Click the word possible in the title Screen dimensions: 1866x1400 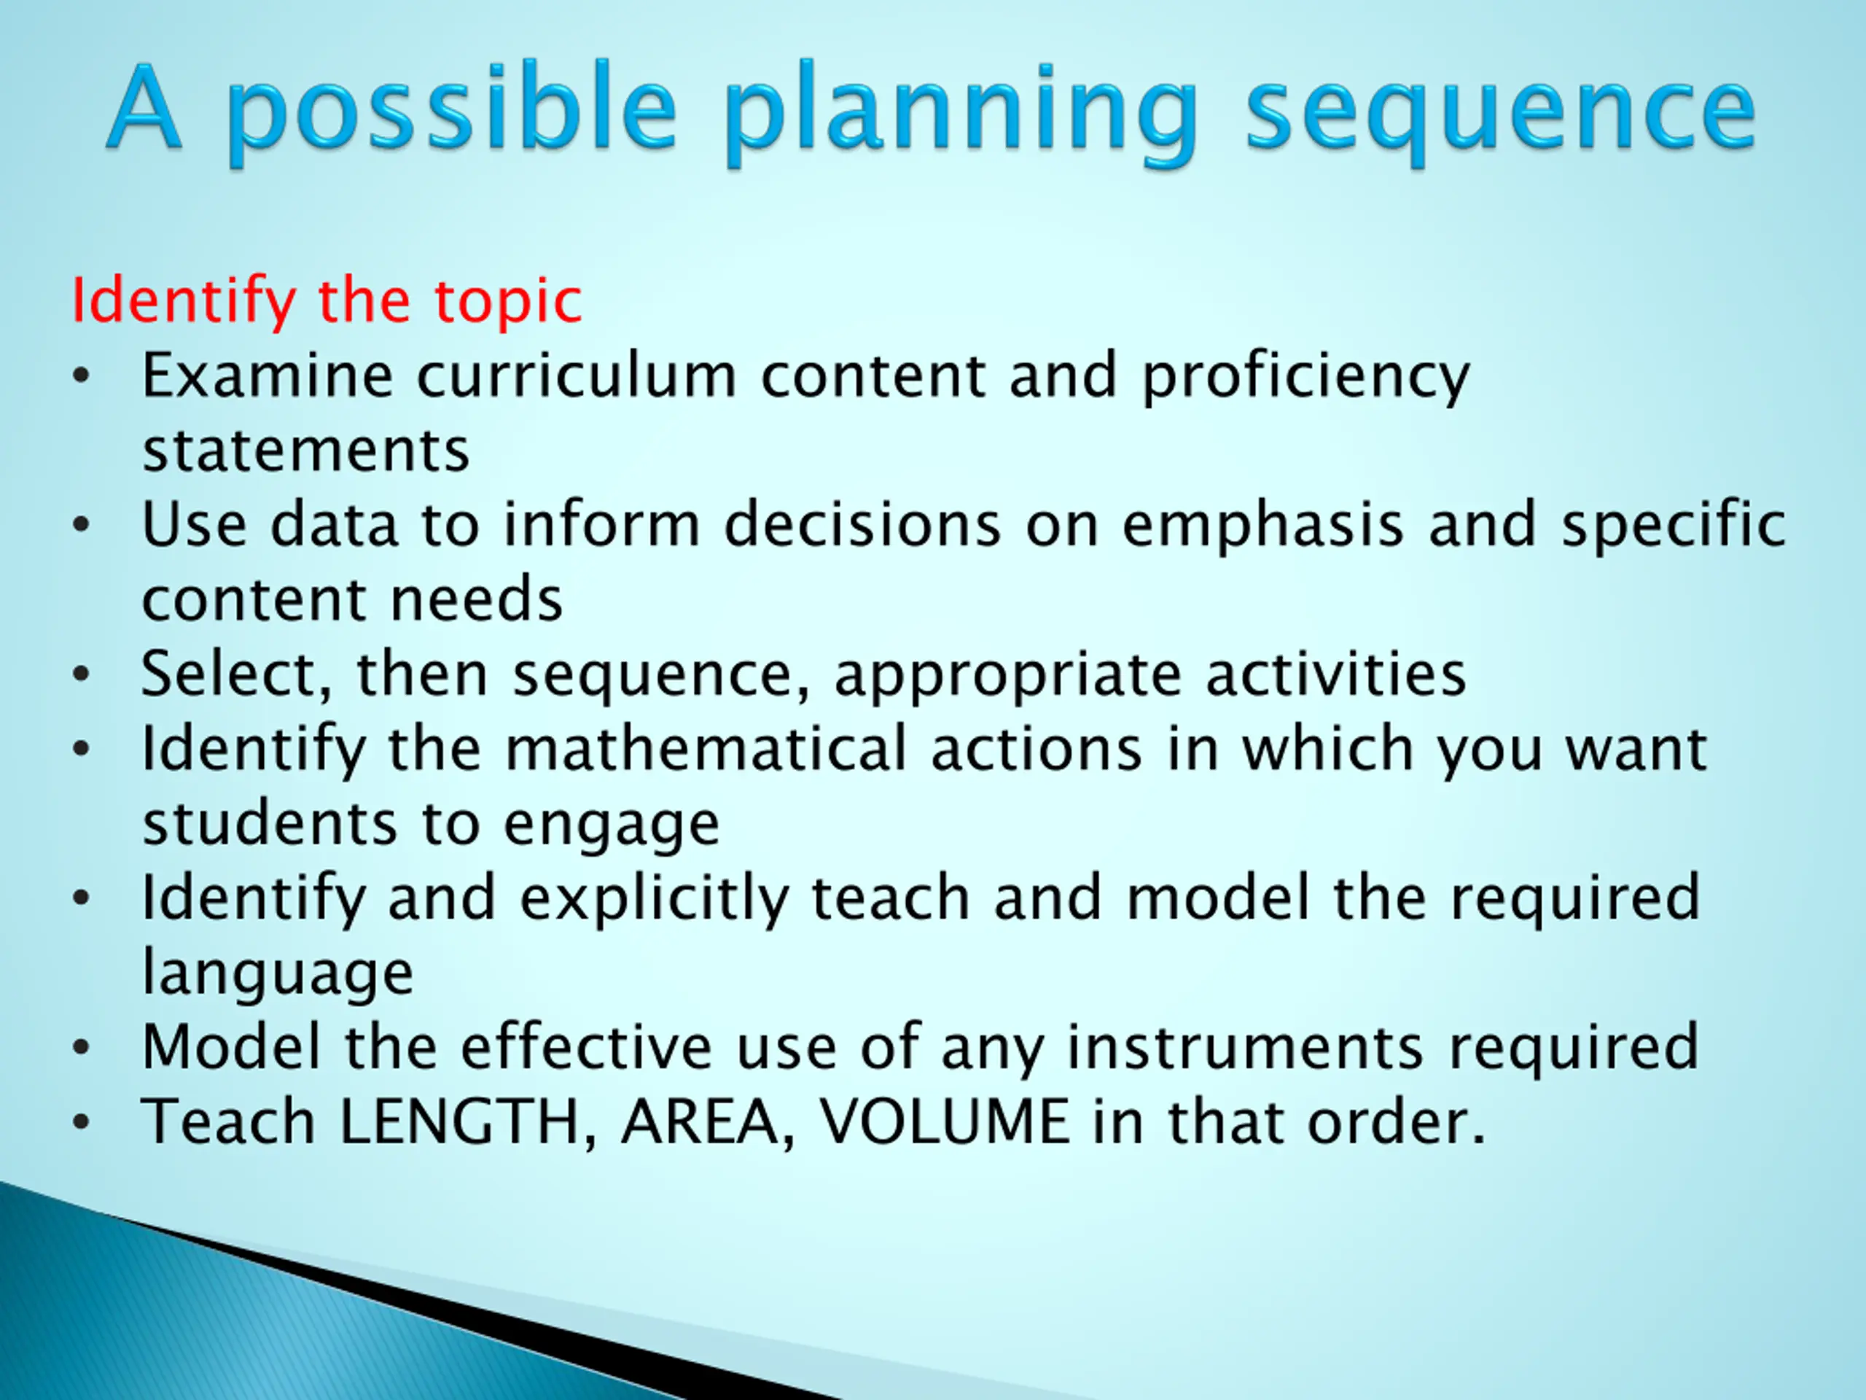(451, 113)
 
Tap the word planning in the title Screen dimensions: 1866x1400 (960, 113)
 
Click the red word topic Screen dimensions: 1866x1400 (508, 302)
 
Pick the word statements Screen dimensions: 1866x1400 (305, 451)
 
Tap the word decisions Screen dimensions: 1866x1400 (862, 524)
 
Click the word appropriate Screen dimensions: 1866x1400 (1008, 676)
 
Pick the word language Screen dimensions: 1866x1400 (278, 973)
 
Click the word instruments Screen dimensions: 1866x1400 (1246, 1047)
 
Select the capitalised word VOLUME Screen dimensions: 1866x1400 (945, 1122)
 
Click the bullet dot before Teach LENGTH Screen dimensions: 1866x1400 (81, 1123)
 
